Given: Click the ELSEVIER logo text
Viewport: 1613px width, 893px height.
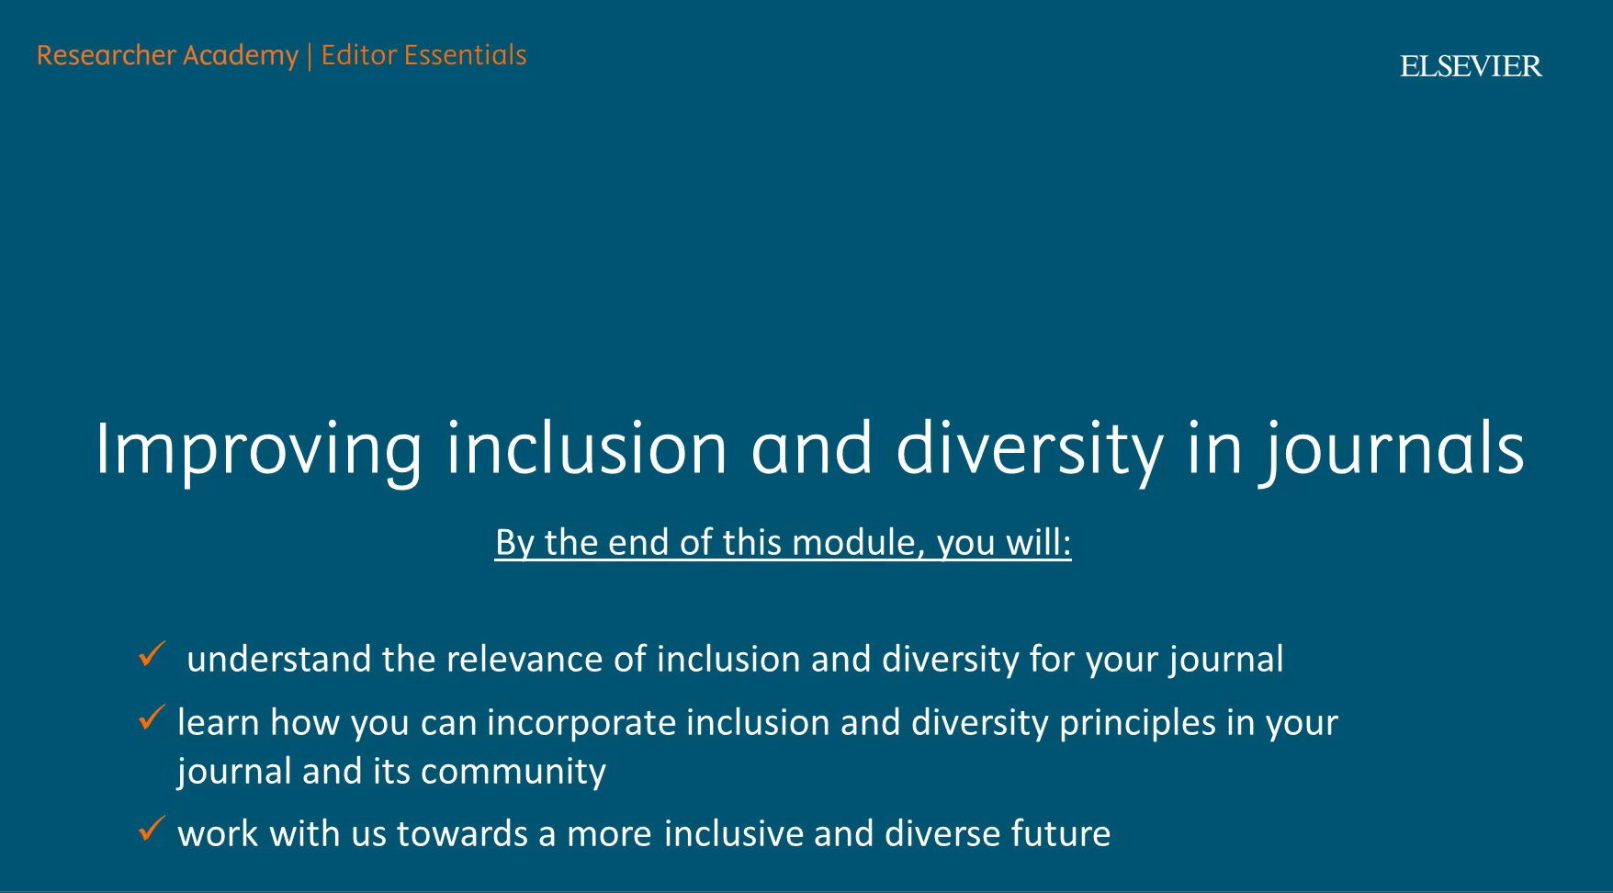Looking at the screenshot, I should (1471, 66).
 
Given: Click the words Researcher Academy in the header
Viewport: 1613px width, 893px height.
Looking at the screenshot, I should (167, 56).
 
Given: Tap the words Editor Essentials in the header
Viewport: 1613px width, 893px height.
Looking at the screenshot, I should (423, 55).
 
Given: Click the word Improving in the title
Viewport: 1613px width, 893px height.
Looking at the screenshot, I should (258, 449).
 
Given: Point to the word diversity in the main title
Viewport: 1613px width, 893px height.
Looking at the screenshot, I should (1029, 449).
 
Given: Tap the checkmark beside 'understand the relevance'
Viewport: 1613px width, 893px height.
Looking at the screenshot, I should (152, 655).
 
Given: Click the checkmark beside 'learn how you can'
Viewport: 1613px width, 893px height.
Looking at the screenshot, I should (152, 718).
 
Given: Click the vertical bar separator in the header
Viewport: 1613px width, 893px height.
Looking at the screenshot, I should (310, 56).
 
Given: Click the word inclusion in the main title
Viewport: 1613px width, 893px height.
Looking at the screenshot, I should (587, 449).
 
